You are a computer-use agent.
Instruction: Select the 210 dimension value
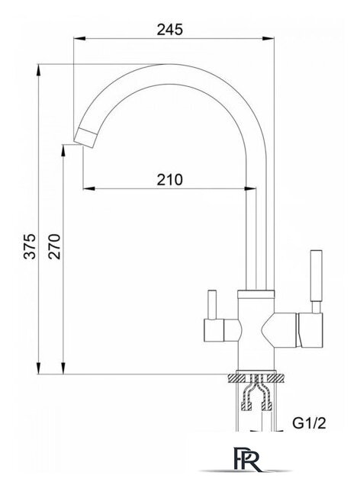(x=169, y=180)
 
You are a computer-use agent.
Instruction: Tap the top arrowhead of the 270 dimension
(x=62, y=146)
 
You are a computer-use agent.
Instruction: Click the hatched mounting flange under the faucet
(x=258, y=378)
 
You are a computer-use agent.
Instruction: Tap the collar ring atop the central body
(x=257, y=294)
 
